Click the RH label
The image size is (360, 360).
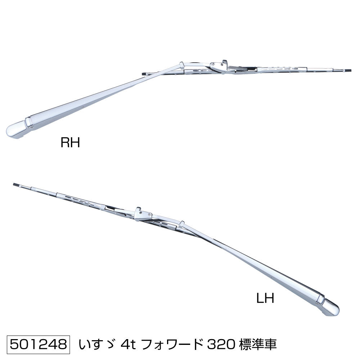pyautogui.click(x=70, y=142)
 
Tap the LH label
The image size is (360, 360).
pyautogui.click(x=265, y=298)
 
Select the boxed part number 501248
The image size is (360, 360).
pyautogui.click(x=39, y=345)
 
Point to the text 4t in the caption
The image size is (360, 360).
pyautogui.click(x=129, y=345)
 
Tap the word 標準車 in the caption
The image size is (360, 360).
pyautogui.click(x=258, y=345)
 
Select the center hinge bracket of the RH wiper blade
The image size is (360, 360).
pyautogui.click(x=219, y=66)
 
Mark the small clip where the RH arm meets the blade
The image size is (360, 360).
pyautogui.click(x=182, y=65)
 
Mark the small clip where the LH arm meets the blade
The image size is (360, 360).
pyautogui.click(x=182, y=224)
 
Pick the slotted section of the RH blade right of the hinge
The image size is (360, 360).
pyautogui.click(x=282, y=69)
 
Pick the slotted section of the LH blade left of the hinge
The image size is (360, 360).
pyautogui.click(x=81, y=200)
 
